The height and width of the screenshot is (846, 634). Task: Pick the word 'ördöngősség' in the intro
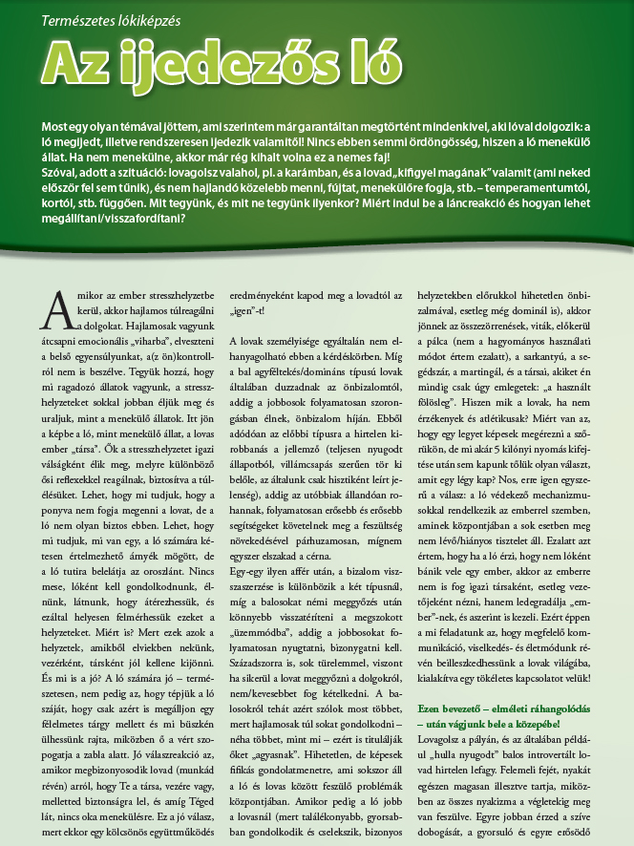click(x=382, y=142)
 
